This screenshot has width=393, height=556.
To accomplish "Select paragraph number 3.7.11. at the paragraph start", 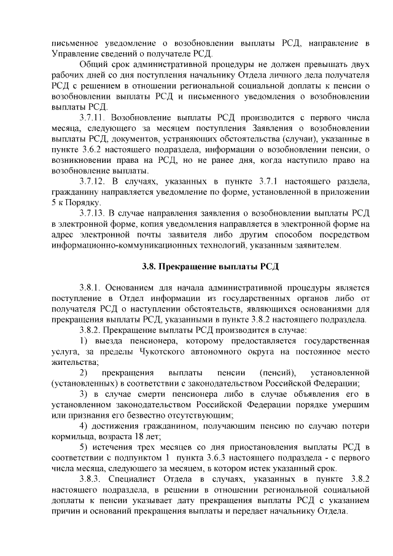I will coord(94,116).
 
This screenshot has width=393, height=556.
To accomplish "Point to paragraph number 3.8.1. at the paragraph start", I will coord(91,286).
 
